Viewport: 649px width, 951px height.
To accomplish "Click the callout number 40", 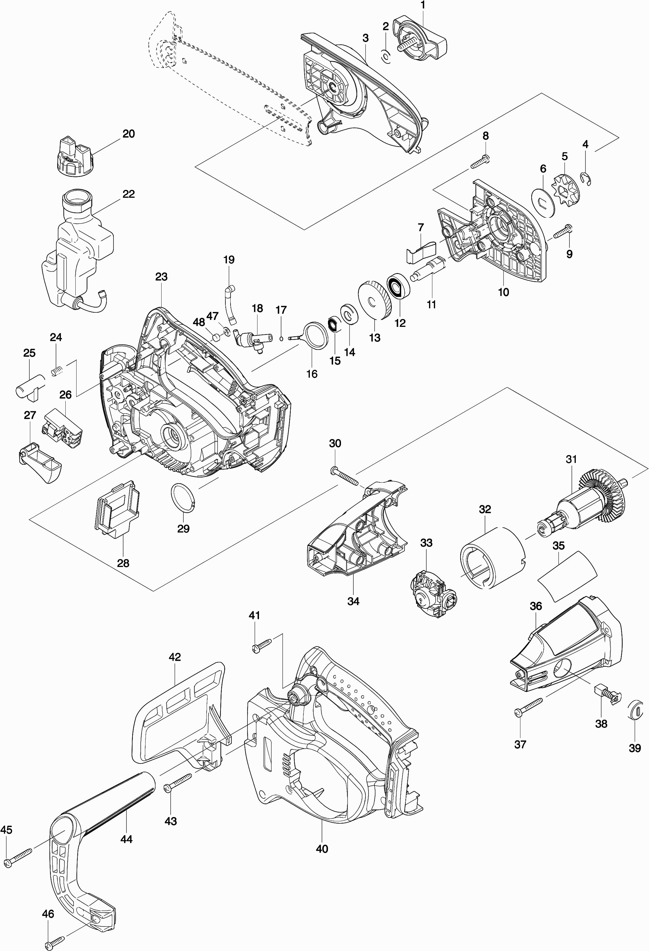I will point(322,849).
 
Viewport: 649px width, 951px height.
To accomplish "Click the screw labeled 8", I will point(480,162).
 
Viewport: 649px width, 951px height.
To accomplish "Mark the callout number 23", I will point(161,277).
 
